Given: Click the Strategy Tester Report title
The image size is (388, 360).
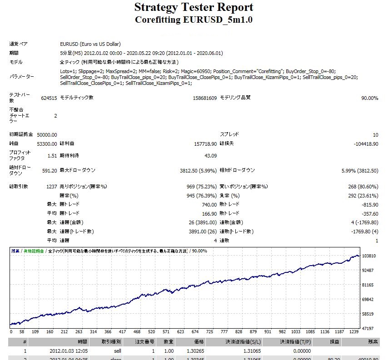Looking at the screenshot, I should [194, 8].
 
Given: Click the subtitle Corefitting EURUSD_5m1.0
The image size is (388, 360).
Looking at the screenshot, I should [194, 20].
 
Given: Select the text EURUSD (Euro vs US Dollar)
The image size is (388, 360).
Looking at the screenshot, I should [90, 44].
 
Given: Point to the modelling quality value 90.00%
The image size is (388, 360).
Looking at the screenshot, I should [369, 98].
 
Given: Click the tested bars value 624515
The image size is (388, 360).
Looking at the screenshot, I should [48, 98].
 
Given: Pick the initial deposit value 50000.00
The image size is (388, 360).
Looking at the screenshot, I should [47, 134].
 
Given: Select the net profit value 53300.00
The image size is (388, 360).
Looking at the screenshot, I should [47, 144].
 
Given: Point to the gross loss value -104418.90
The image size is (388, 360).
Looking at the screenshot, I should [366, 144].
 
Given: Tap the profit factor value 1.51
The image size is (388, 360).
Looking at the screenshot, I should [52, 156].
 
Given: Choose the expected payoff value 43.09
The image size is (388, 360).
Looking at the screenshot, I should [210, 156].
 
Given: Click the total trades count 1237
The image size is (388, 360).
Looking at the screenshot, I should [51, 187].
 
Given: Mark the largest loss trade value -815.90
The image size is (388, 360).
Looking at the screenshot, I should [368, 204].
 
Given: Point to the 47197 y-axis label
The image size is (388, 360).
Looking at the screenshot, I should [368, 328].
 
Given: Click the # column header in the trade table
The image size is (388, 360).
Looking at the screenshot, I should [25, 342].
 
